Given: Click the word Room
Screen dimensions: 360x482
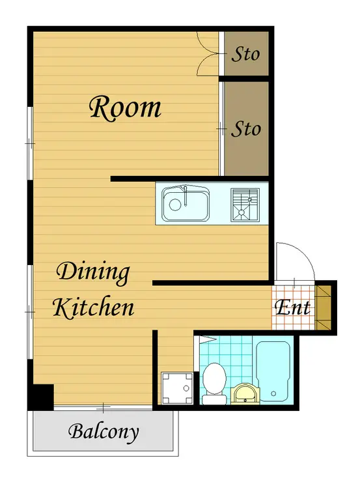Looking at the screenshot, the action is [125, 107].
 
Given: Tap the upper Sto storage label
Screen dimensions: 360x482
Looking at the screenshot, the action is [245, 55].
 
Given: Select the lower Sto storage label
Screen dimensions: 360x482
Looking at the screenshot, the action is [246, 129].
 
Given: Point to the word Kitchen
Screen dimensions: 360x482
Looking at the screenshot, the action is [94, 307].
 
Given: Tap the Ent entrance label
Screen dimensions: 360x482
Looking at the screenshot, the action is [292, 307].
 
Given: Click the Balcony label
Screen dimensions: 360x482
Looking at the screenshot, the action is [104, 432].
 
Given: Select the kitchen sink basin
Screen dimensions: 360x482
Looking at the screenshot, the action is [186, 203].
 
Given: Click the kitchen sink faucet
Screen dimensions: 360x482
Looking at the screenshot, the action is [186, 195].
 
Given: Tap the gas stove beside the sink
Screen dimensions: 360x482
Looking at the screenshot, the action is [245, 205].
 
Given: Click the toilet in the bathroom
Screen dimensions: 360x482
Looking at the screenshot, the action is [214, 384].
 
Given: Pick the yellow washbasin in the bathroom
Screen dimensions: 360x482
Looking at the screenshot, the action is [245, 393].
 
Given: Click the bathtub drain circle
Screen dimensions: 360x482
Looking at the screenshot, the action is [273, 393].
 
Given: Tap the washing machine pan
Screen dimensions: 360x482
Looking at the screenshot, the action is [177, 388].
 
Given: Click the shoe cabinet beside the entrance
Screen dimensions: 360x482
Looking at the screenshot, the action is [323, 307].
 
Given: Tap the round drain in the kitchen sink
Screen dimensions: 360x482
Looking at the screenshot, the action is [175, 205].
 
